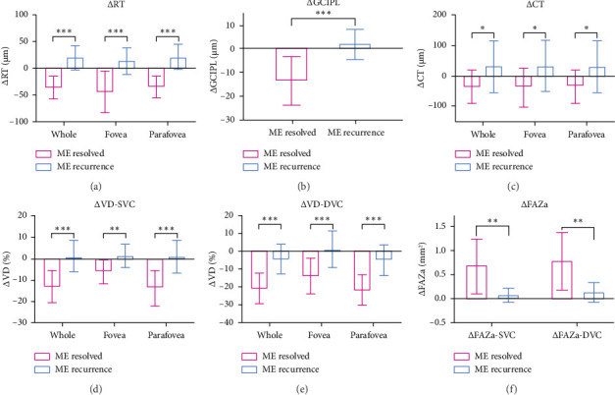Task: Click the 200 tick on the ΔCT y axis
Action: click(434, 16)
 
